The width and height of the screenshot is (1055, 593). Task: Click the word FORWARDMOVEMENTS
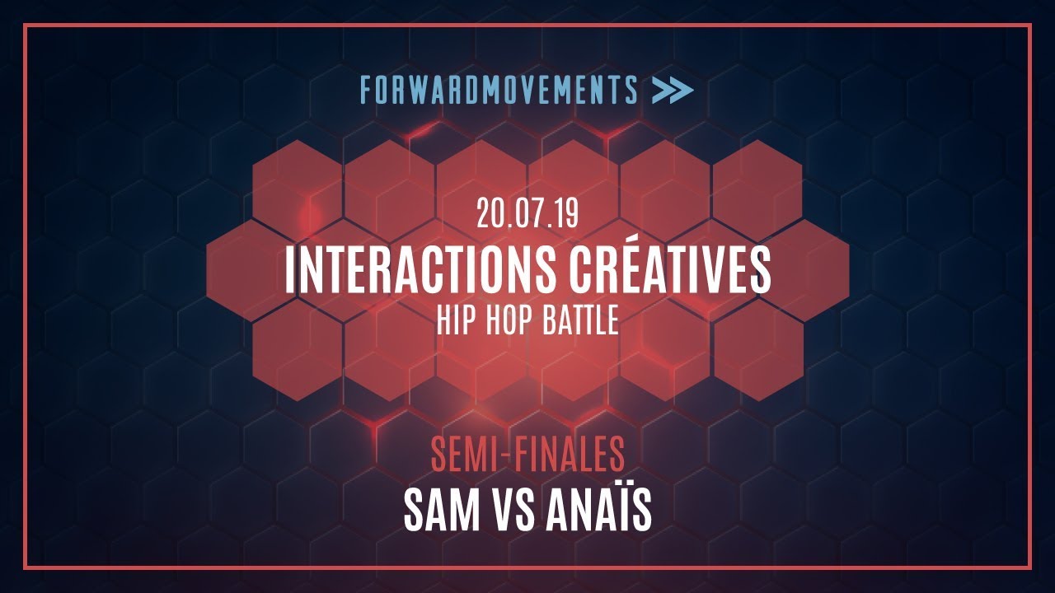click(x=499, y=90)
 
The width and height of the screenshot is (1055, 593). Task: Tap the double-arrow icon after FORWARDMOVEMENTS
click(x=672, y=90)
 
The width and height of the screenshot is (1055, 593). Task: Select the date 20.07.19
click(x=527, y=215)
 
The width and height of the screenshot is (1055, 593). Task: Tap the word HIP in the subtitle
click(x=454, y=320)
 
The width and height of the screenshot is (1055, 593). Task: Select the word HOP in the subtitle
click(x=504, y=320)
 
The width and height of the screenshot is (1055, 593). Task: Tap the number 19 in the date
click(x=566, y=215)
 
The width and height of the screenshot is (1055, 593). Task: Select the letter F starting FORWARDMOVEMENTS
click(x=366, y=90)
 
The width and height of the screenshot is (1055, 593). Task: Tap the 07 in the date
click(x=528, y=215)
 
